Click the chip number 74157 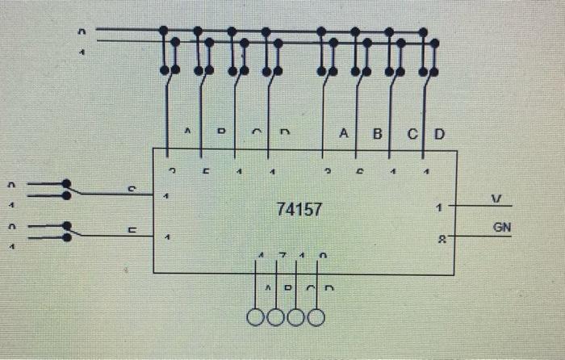(x=299, y=210)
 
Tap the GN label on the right (x=501, y=228)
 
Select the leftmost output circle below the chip (x=257, y=317)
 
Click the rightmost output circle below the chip (x=316, y=317)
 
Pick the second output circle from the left (x=276, y=317)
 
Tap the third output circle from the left (x=296, y=317)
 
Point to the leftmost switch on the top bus (x=169, y=53)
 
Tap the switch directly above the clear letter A (x=326, y=53)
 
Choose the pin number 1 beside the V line (x=437, y=207)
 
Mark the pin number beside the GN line (x=440, y=239)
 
